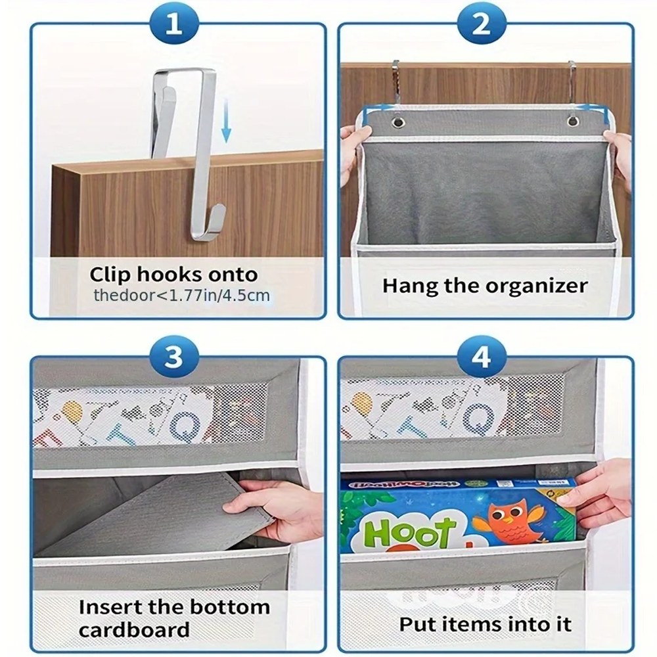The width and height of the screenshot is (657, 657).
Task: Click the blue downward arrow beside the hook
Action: pos(226,122)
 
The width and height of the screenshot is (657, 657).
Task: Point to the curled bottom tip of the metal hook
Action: pos(217,217)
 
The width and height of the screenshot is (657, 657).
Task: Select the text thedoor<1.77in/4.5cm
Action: pos(181,295)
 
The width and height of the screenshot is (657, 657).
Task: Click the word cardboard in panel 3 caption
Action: pos(134,629)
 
